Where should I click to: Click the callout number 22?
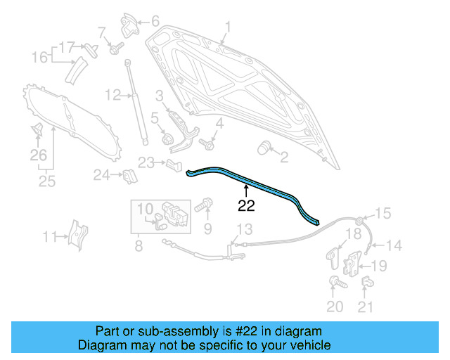pos(246,205)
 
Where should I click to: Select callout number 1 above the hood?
pos(228,28)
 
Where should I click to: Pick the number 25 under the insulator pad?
pos(46,182)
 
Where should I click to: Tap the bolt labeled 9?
pos(202,207)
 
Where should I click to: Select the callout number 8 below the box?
pos(138,246)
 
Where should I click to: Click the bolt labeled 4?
pos(207,144)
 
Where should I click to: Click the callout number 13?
pos(243,229)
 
